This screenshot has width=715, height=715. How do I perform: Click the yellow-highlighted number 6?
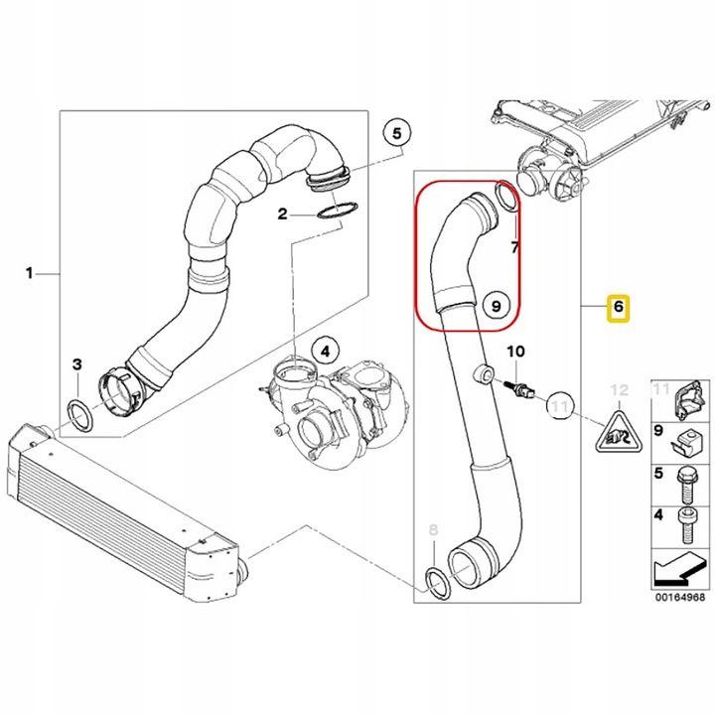[x=618, y=308]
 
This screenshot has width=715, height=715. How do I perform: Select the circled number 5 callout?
[x=397, y=133]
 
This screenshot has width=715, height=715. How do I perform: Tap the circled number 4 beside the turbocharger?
[x=324, y=350]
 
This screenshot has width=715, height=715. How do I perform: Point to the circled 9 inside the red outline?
[x=498, y=307]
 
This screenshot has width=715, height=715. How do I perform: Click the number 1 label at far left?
[x=30, y=272]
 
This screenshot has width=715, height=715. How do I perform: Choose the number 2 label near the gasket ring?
[x=282, y=214]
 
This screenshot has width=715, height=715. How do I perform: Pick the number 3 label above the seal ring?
[x=77, y=366]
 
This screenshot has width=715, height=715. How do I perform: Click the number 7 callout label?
[x=514, y=245]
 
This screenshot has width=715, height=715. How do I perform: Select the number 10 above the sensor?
[x=514, y=352]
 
